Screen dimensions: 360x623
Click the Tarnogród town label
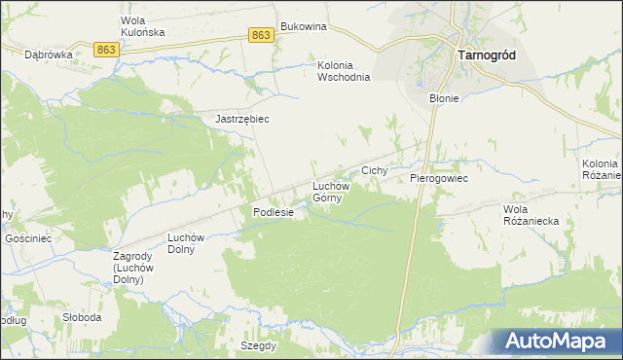[486, 55]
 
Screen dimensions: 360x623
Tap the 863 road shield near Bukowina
[260, 35]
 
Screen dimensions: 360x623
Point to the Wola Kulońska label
[142, 26]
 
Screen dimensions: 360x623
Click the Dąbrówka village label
[50, 55]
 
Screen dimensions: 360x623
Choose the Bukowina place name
[302, 26]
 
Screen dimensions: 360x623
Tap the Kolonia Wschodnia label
[345, 72]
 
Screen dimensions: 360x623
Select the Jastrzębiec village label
[241, 119]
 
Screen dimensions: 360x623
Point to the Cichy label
[375, 170]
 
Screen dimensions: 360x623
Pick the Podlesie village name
[274, 212]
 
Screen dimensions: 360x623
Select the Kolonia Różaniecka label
[601, 168]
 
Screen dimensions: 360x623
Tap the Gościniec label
[28, 238]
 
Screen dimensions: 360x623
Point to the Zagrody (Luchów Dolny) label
[128, 268]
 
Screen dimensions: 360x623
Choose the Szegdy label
[260, 345]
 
